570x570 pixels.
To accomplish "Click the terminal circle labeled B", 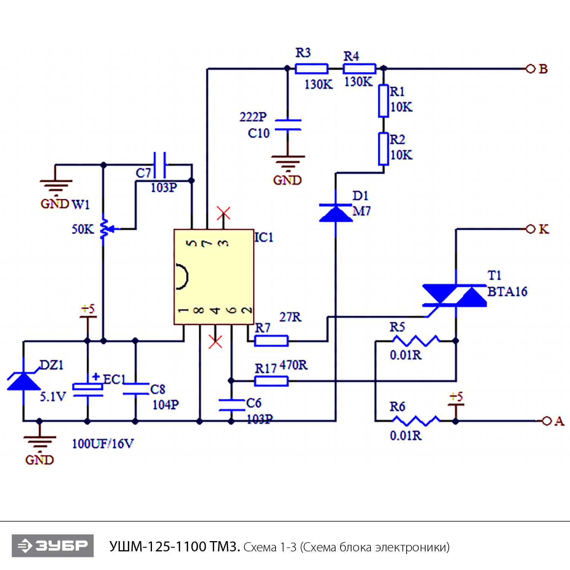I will [x=530, y=69].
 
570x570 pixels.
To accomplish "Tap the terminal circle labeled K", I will [x=530, y=229].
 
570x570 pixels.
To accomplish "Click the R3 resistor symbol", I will [x=311, y=69].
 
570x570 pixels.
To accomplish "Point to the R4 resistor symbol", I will [x=359, y=69].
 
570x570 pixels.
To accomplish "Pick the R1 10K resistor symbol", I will [x=383, y=101].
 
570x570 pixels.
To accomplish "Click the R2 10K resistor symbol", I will [x=383, y=149].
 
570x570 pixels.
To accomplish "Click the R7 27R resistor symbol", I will [x=271, y=341].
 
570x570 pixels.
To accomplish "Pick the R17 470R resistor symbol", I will [x=271, y=381].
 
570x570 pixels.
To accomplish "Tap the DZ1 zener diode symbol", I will [x=24, y=381].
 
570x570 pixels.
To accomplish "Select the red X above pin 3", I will [x=223, y=213].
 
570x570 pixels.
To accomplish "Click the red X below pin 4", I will [x=215, y=341].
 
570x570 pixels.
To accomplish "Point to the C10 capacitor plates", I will [x=288, y=125].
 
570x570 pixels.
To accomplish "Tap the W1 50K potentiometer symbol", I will [x=104, y=229].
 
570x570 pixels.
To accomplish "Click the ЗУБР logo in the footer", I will [x=53, y=546].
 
